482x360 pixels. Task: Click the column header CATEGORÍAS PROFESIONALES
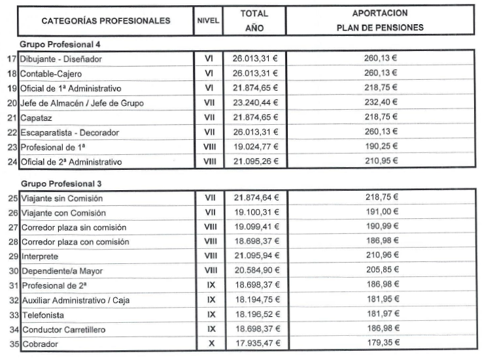[105, 21]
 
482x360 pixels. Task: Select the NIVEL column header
[208, 21]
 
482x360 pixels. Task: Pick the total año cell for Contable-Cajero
[255, 73]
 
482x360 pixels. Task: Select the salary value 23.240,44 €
[255, 103]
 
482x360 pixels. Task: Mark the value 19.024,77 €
[255, 146]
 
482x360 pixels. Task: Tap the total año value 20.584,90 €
[255, 270]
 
